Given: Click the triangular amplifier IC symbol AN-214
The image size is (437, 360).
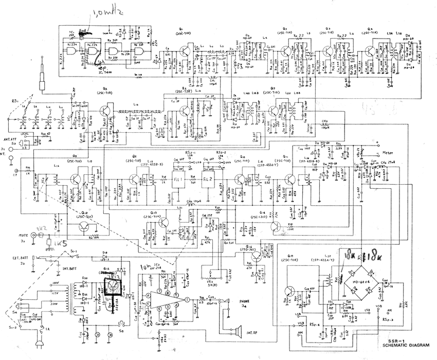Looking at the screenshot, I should point(163,299).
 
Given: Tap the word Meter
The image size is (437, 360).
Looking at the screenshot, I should point(389,153).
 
